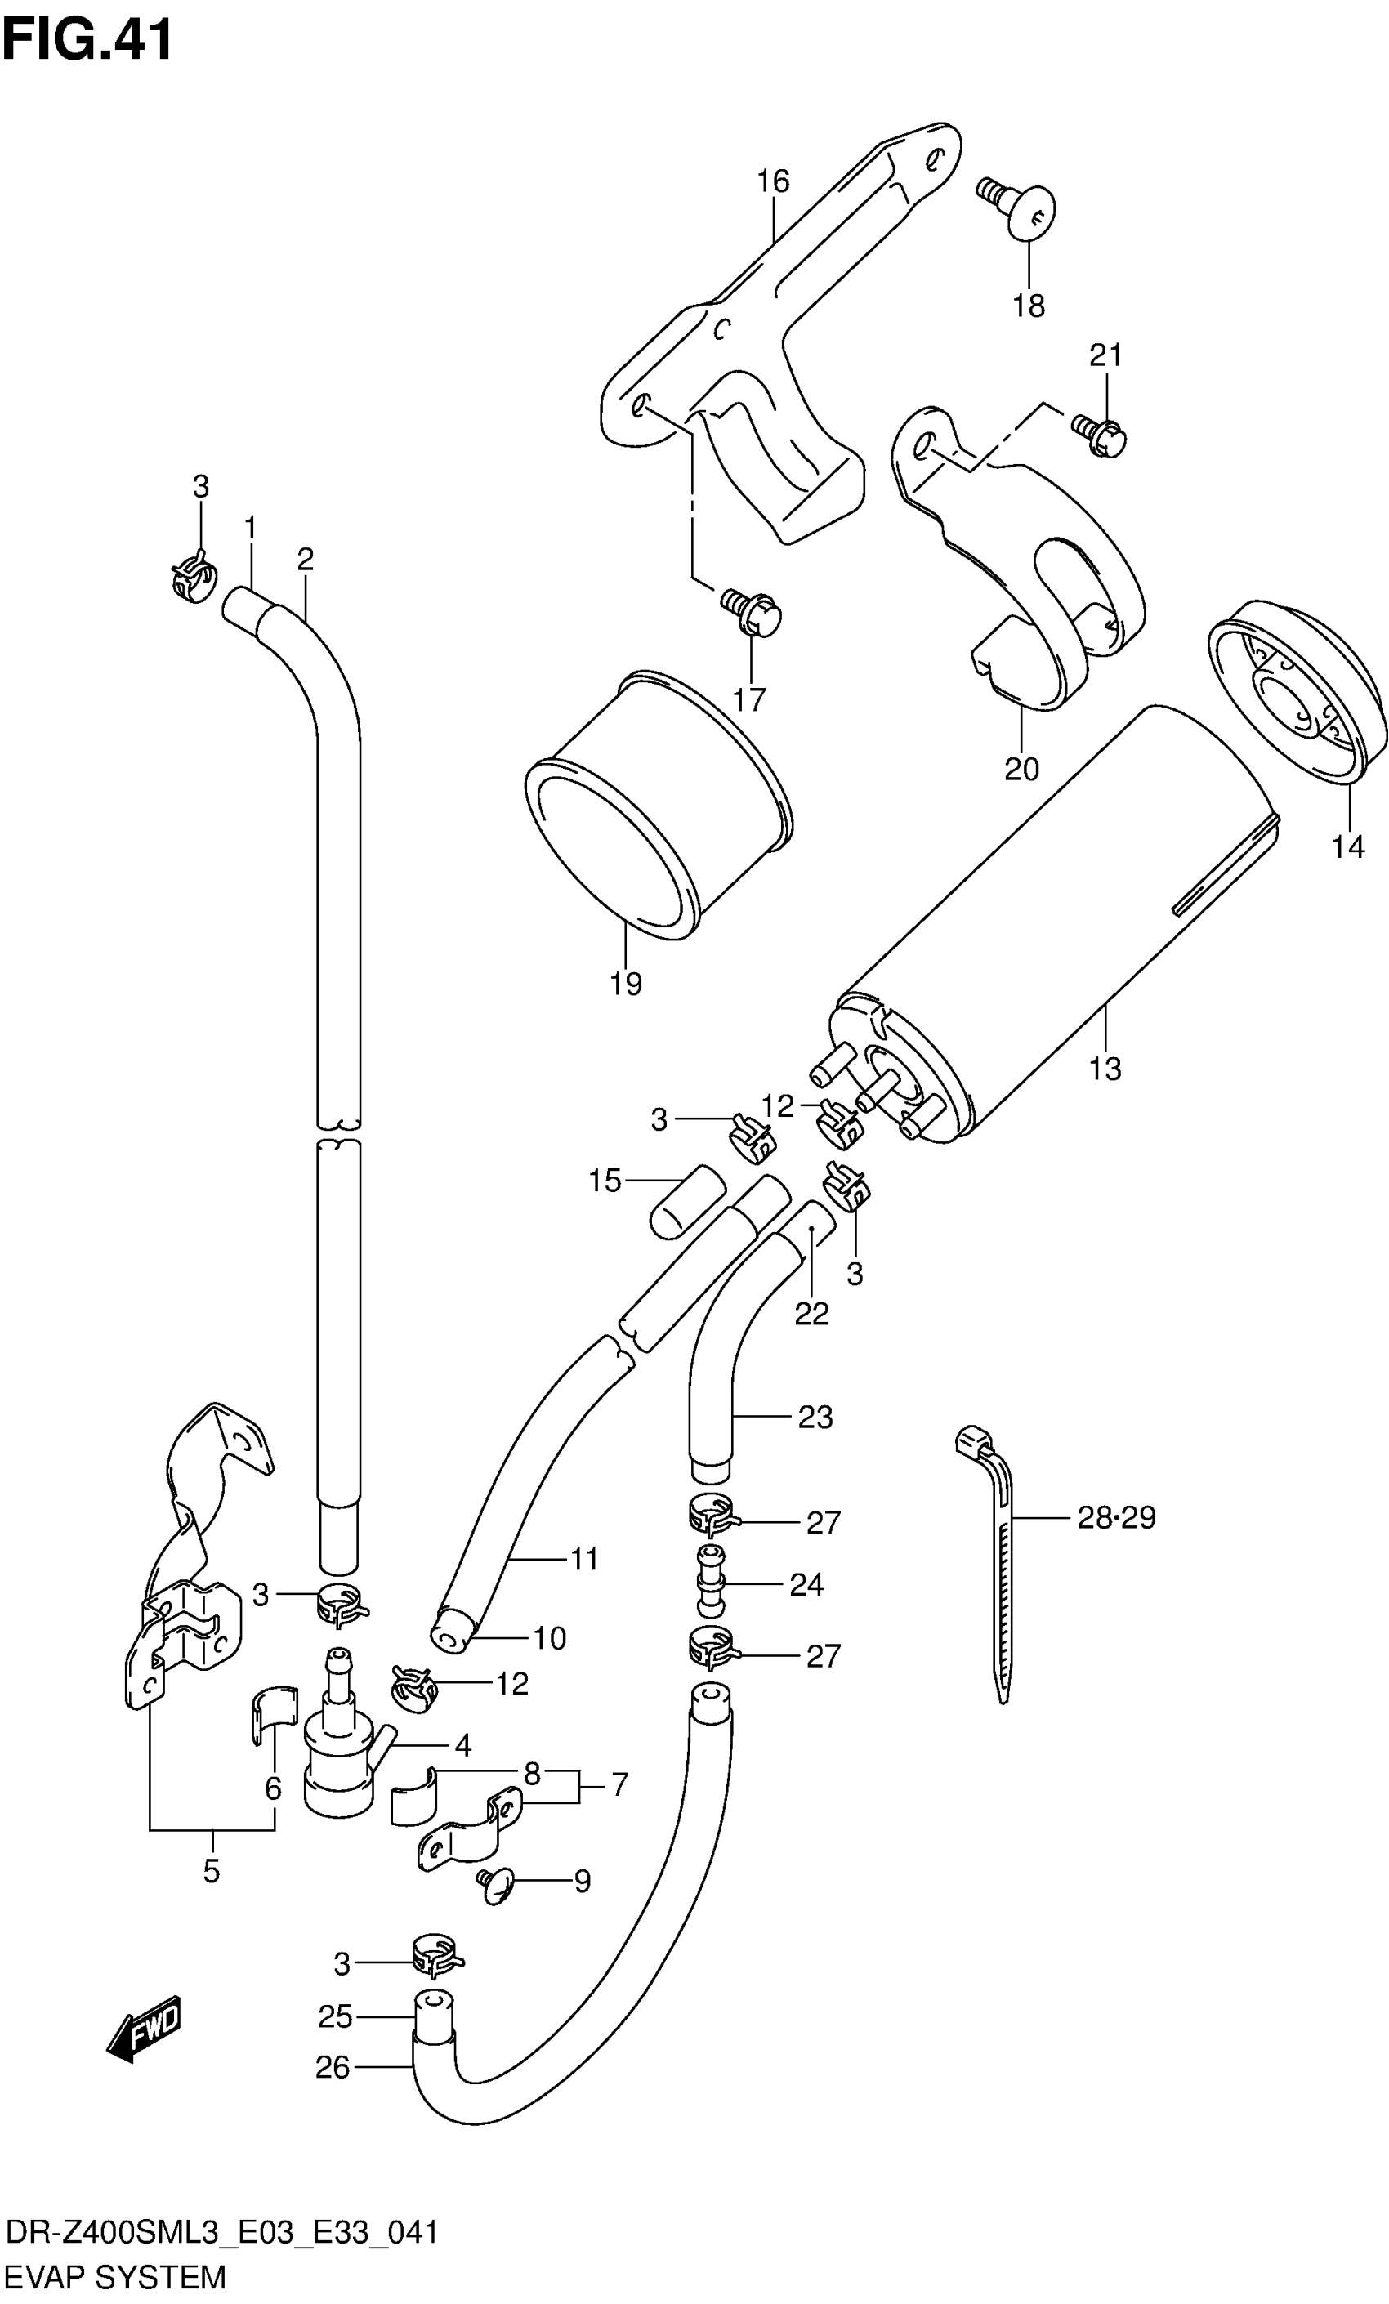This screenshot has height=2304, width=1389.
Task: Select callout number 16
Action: [774, 181]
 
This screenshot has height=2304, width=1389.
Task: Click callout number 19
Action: [626, 984]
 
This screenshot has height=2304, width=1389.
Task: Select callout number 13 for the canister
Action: [1105, 1068]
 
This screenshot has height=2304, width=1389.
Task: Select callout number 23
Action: [815, 1417]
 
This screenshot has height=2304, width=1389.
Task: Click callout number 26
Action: [332, 2066]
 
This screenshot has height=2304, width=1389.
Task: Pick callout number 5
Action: [212, 1871]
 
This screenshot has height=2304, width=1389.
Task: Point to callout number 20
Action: [1021, 769]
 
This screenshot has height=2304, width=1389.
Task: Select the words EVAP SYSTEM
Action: [115, 2276]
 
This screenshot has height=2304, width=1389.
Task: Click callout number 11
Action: [584, 1558]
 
